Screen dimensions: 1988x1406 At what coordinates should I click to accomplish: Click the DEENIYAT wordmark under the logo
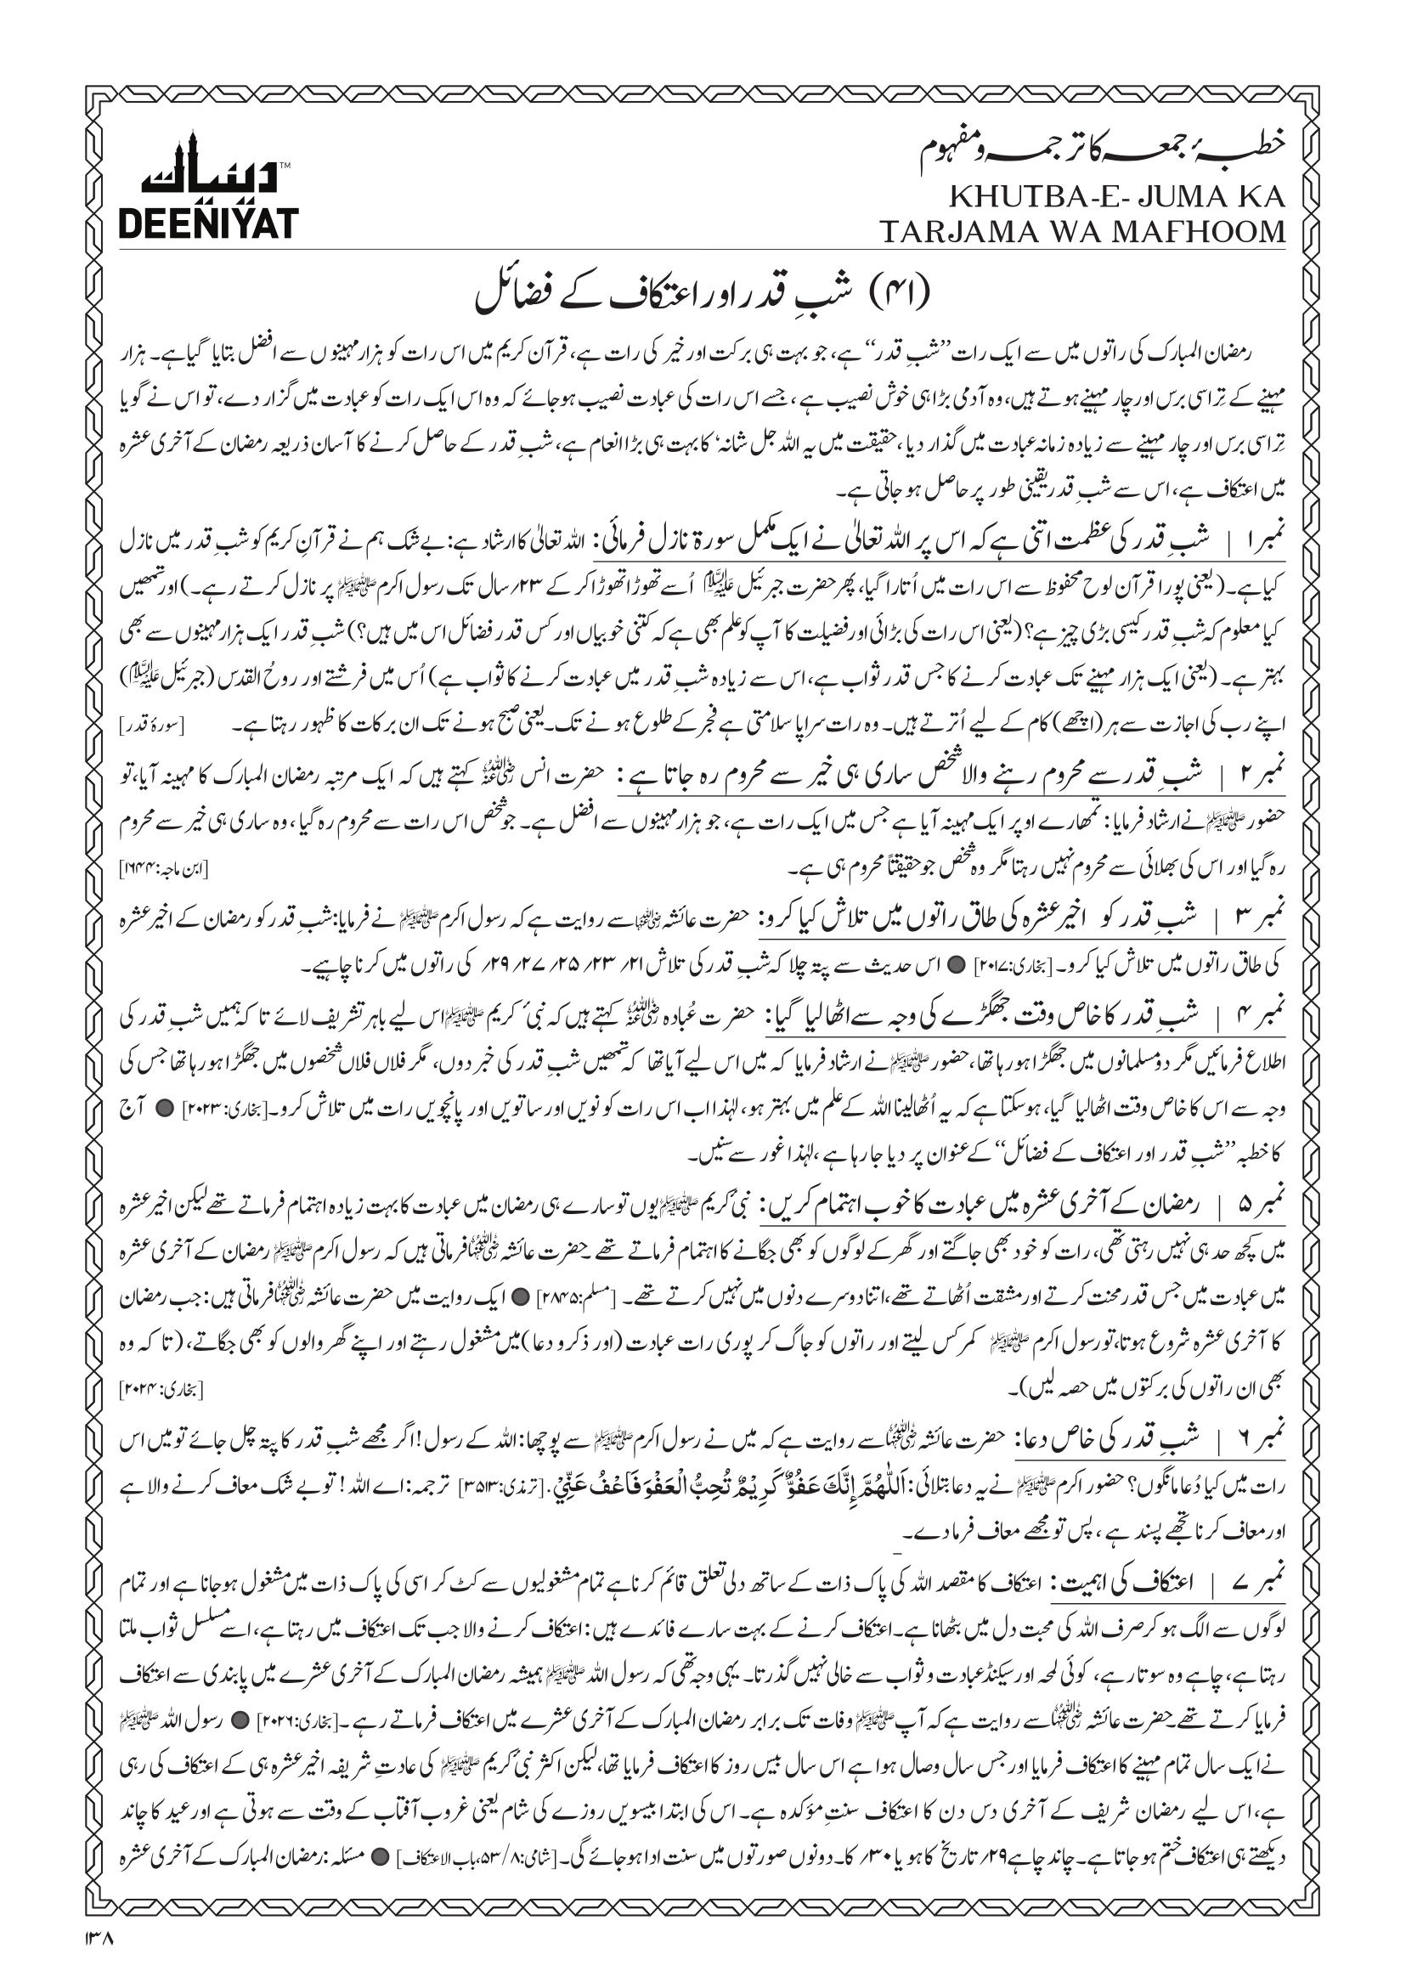tap(208, 223)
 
